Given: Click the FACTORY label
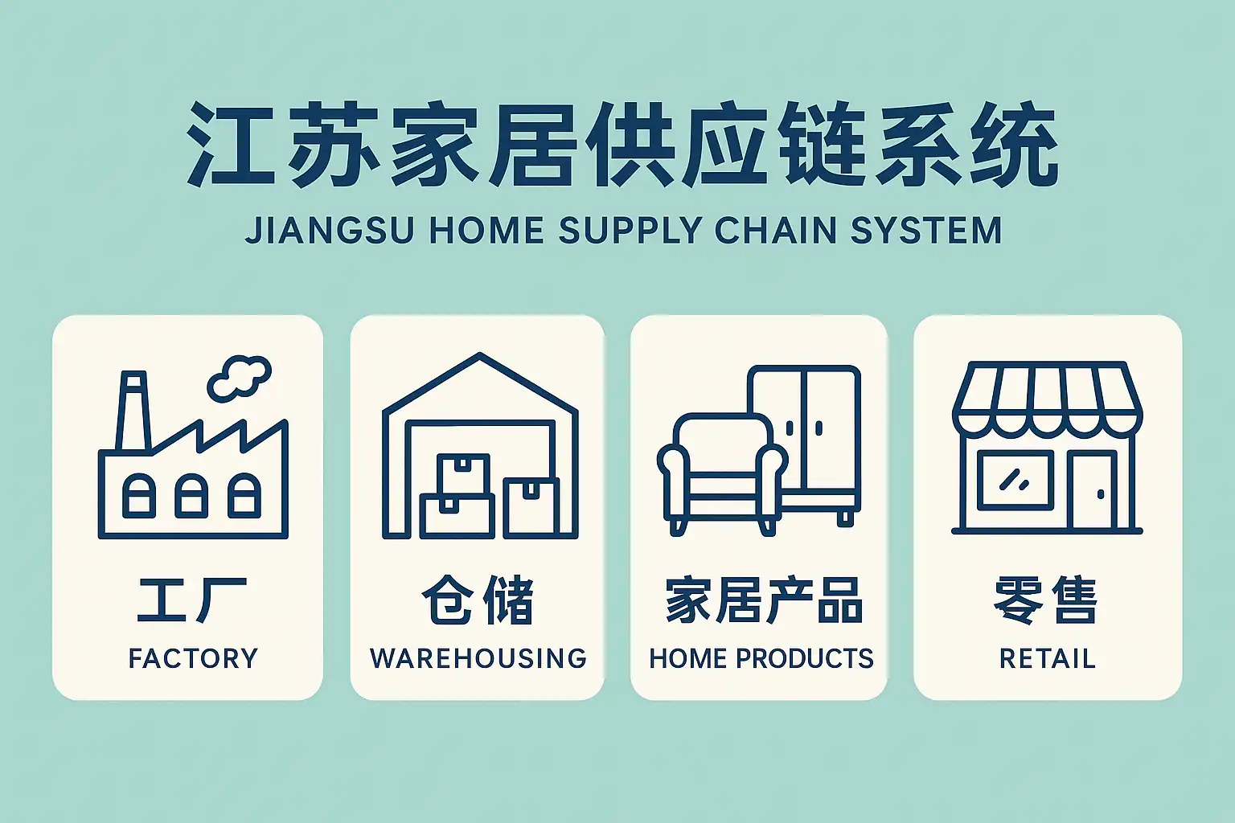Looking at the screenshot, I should tap(193, 658).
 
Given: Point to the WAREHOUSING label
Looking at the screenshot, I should tap(478, 658).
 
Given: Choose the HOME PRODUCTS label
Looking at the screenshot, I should tap(761, 658).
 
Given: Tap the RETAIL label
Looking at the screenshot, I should tap(1047, 658).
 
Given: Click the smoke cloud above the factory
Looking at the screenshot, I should tap(239, 377).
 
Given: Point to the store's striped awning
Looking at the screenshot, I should tap(1047, 398).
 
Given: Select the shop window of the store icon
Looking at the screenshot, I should tap(1015, 480).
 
